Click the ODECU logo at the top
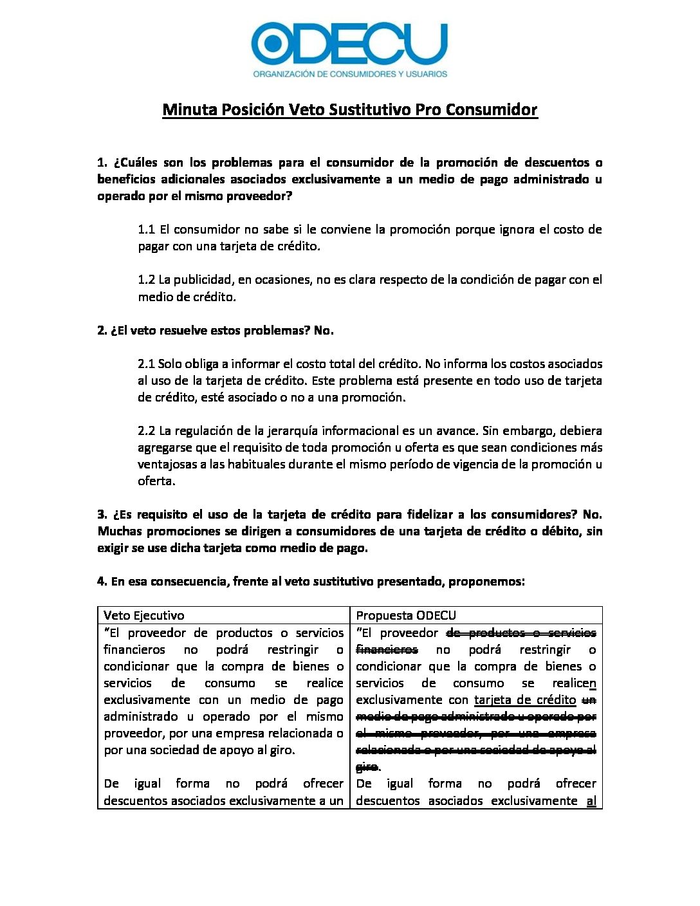pyautogui.click(x=349, y=42)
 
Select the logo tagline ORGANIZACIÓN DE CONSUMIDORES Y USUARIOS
pyautogui.click(x=350, y=74)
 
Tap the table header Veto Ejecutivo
pyautogui.click(x=143, y=615)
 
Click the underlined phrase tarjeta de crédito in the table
pyautogui.click(x=525, y=699)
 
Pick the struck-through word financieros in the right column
pyautogui.click(x=387, y=649)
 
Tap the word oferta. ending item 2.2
pyautogui.click(x=156, y=481)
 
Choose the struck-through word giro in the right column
pyautogui.click(x=367, y=766)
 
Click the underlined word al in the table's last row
pyautogui.click(x=591, y=800)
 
